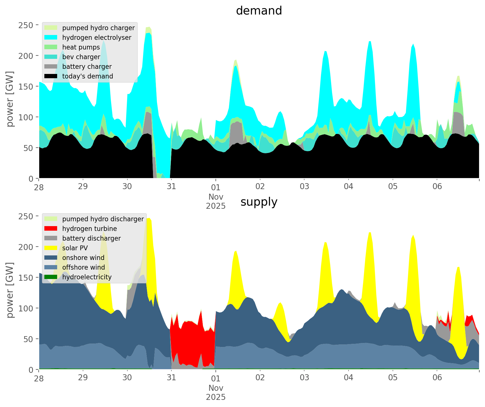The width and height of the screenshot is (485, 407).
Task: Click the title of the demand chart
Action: [x=259, y=11]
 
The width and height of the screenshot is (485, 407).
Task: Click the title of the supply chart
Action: [x=259, y=202]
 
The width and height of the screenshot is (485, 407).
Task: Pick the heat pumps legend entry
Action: [x=81, y=47]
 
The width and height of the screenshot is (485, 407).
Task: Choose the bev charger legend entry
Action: [x=81, y=57]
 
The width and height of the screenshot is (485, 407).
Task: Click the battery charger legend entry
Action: [x=87, y=67]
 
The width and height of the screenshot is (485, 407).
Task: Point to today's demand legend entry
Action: [x=88, y=76]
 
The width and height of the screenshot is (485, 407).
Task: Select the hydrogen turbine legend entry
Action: [x=90, y=229]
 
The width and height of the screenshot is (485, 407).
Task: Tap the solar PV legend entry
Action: [x=75, y=248]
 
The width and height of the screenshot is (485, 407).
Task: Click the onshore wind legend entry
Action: [x=83, y=258]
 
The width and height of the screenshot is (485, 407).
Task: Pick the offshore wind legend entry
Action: [x=84, y=267]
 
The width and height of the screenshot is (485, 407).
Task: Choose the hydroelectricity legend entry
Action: [x=87, y=277]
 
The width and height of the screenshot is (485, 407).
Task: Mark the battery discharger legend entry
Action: [x=92, y=238]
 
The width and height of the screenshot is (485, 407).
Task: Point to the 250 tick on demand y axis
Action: [x=28, y=25]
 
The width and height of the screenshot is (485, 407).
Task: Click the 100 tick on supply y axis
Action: [x=28, y=308]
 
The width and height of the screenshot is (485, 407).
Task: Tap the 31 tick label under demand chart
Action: [x=171, y=187]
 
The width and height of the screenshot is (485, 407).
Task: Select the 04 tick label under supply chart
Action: [x=348, y=378]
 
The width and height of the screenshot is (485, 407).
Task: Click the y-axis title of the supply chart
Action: [x=10, y=290]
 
